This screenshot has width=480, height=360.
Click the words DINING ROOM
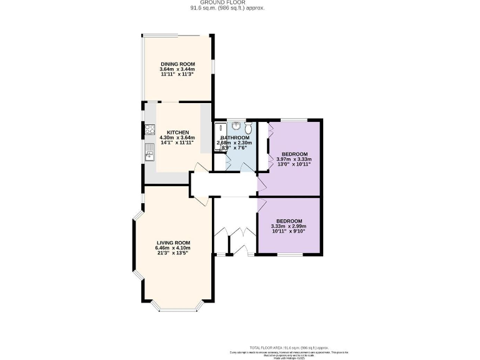coord(177,64)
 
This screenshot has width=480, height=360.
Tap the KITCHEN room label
coord(177,132)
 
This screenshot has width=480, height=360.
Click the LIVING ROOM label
coord(173,242)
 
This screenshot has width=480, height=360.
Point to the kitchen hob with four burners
coord(150,130)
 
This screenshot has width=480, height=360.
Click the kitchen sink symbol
coord(150,152)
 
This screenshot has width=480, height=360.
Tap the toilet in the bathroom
coord(248,129)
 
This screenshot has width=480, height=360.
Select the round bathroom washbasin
coord(227,127)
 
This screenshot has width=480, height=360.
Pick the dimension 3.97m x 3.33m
coord(294,159)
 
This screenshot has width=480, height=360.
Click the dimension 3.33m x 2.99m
coord(289,226)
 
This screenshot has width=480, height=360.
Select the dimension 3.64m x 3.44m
coord(177,69)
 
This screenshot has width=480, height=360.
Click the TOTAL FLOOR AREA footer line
coord(289,347)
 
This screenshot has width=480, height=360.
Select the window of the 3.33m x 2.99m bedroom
coord(289,254)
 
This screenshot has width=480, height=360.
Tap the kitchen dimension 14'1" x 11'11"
coord(177,143)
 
